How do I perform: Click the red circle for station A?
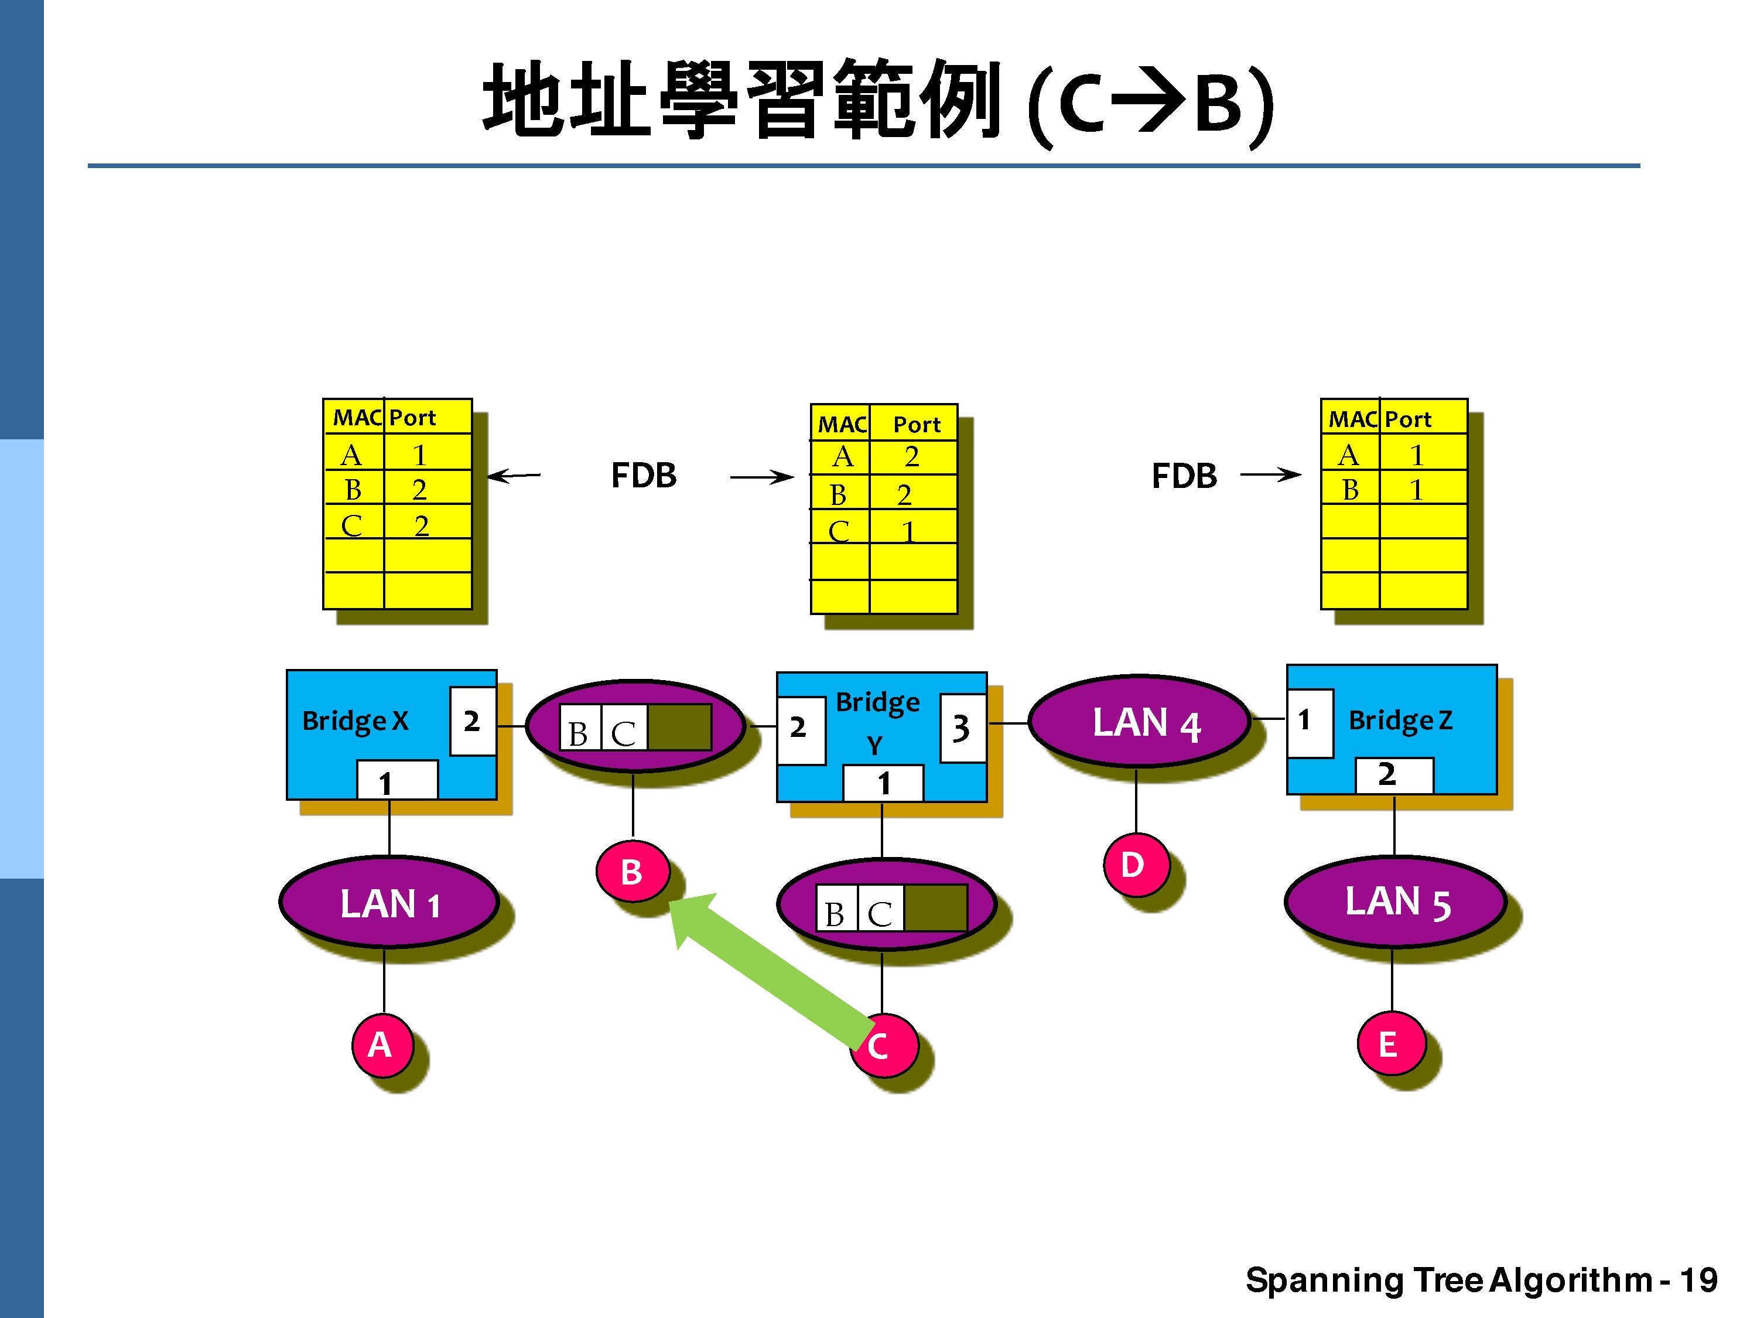(x=382, y=1044)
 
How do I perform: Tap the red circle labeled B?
(x=631, y=872)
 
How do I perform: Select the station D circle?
(x=1134, y=865)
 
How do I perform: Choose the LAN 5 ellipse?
(x=1396, y=902)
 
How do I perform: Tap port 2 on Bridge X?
(x=473, y=721)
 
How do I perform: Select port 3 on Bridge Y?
(x=962, y=728)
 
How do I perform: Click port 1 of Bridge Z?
(x=1308, y=721)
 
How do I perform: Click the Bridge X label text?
(x=355, y=721)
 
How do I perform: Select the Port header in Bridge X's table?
(x=412, y=418)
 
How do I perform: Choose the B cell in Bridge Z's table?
(x=1351, y=489)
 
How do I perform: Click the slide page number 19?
(x=1698, y=1280)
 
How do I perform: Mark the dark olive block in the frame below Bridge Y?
(x=936, y=908)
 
